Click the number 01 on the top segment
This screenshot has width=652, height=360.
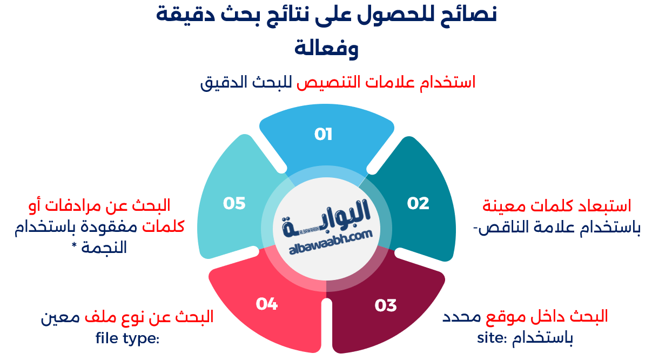tap(323, 134)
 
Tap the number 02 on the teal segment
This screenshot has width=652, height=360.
tap(418, 203)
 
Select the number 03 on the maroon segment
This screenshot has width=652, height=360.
tap(386, 305)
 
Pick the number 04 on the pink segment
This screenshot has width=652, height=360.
tap(267, 304)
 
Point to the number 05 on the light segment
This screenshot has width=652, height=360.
tap(234, 203)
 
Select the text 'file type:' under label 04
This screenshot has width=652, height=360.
tap(127, 338)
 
